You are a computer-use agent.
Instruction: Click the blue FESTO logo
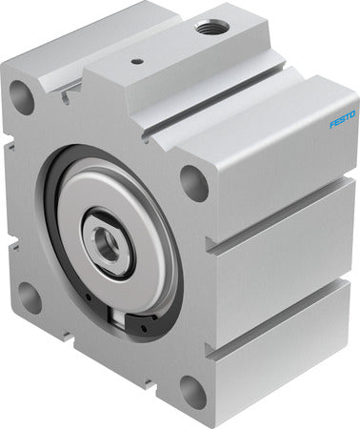point(342,119)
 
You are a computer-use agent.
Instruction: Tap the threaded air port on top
point(212,28)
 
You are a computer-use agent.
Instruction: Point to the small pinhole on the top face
point(137,61)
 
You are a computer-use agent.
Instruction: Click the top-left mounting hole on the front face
point(21,97)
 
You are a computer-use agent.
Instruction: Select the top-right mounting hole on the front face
point(193,183)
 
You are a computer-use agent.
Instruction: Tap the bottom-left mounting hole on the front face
point(30,298)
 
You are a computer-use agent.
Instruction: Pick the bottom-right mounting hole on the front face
point(193,392)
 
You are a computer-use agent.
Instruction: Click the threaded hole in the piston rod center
point(108,242)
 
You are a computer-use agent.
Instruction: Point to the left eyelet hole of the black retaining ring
point(88,297)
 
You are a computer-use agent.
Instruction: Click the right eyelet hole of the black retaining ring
point(145,328)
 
